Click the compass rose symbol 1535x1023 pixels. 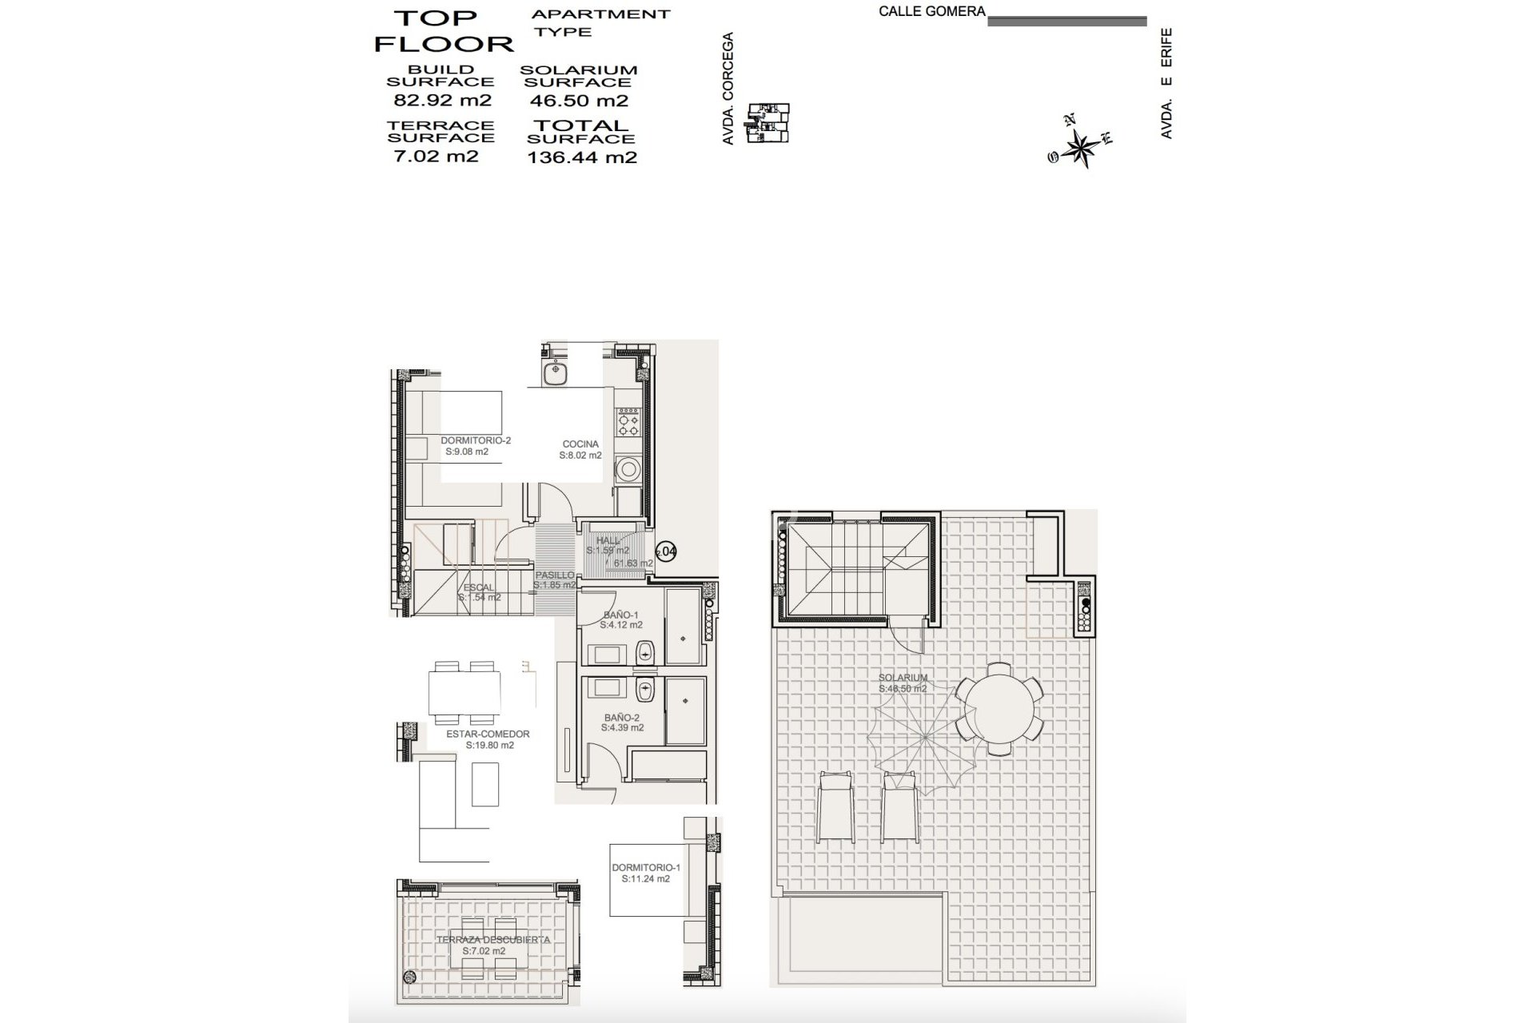pos(1081,145)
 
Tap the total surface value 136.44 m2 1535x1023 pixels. pos(582,157)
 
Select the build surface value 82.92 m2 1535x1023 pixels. pos(442,101)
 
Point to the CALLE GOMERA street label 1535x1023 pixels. pos(931,12)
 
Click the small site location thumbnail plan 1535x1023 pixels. pos(768,122)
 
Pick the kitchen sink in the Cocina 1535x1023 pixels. pos(553,373)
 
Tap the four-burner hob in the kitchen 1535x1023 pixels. pos(628,421)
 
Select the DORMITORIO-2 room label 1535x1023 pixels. pos(476,440)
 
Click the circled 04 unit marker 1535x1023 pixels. pos(666,551)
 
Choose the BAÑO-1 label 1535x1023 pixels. pos(621,615)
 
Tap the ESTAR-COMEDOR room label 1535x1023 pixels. pos(488,734)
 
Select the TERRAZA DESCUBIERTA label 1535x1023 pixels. pos(493,940)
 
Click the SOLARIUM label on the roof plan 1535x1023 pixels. pos(903,678)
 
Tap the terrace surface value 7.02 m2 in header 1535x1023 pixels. pos(437,156)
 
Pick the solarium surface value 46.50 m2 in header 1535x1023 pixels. pos(579,101)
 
